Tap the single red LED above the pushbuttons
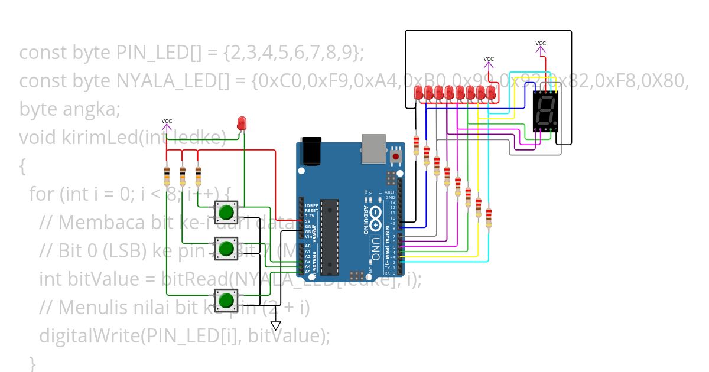(x=241, y=123)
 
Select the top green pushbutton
(x=225, y=211)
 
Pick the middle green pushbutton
(x=225, y=248)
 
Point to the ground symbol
(x=275, y=325)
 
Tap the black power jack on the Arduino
(x=311, y=152)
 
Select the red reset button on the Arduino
(x=396, y=156)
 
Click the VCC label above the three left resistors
(x=167, y=122)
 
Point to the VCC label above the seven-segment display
(x=541, y=44)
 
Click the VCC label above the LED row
(x=489, y=59)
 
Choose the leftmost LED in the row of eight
(x=419, y=93)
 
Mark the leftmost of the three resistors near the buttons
(x=167, y=175)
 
